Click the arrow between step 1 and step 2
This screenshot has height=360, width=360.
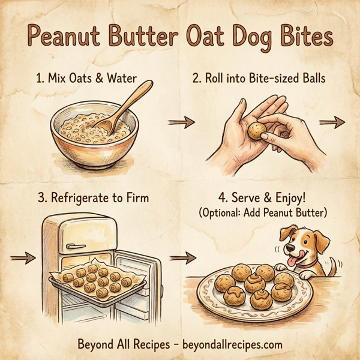pos(181,122)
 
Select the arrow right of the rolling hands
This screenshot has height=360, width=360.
pos(331,122)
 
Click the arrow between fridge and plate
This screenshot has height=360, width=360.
pos(182,259)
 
